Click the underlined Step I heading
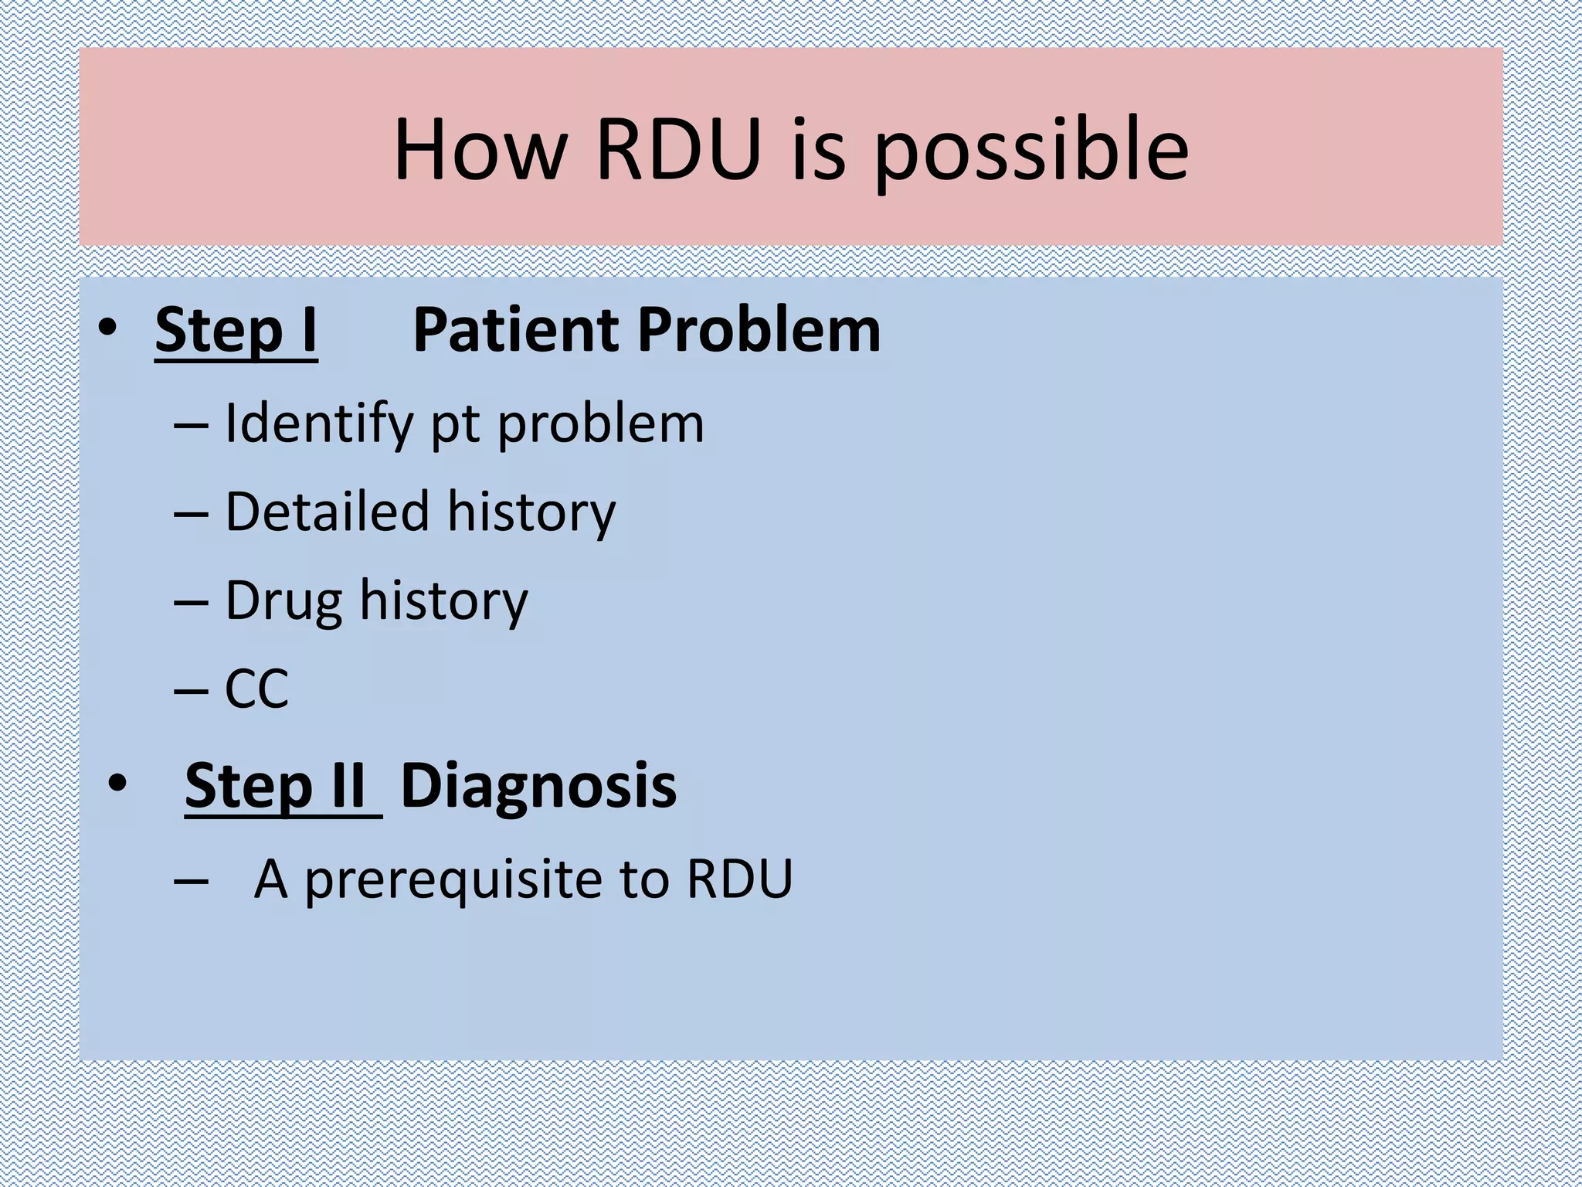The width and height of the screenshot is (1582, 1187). pyautogui.click(x=236, y=330)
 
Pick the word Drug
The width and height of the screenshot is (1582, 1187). pyautogui.click(x=283, y=601)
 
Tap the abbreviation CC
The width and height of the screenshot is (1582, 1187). pyautogui.click(x=256, y=689)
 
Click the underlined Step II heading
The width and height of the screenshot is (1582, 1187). pyautogui.click(x=283, y=786)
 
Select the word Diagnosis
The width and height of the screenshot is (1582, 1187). pyautogui.click(x=538, y=786)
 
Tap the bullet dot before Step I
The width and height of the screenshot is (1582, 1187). pyautogui.click(x=107, y=328)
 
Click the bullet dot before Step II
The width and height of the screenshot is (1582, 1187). pyautogui.click(x=117, y=783)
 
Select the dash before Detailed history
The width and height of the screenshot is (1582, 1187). pyautogui.click(x=191, y=514)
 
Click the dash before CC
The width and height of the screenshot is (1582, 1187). pyautogui.click(x=191, y=690)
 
